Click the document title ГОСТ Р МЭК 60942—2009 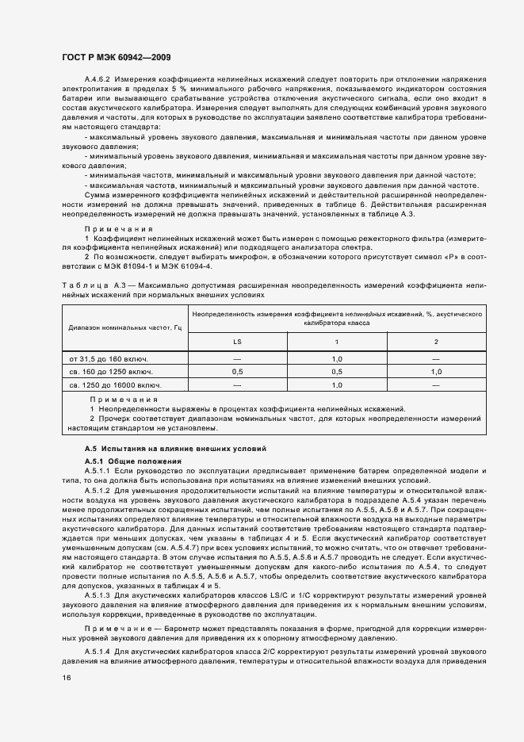[x=115, y=59]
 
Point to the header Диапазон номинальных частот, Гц [x=126, y=327]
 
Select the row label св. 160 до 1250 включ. [x=111, y=371]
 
